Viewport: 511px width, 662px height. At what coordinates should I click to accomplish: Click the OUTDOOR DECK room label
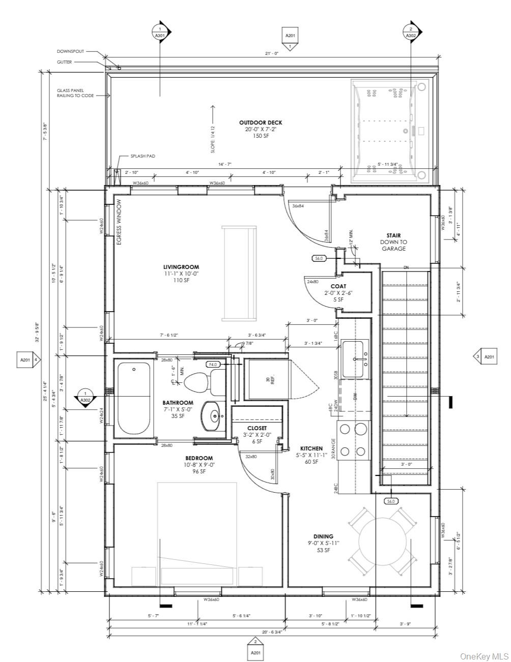[261, 123]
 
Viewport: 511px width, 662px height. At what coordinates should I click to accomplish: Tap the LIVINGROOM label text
[181, 267]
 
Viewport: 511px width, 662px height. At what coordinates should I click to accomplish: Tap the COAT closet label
[338, 286]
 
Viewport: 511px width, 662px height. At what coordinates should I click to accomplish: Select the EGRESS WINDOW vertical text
[119, 222]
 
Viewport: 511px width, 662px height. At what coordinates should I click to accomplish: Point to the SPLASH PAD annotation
[143, 156]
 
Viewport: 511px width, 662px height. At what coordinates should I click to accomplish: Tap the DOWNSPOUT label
[70, 51]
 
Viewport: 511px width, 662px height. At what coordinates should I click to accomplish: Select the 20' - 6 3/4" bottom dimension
[271, 631]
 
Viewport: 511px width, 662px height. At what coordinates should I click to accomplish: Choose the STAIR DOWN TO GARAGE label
[393, 242]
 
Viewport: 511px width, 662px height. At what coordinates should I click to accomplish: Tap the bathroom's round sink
[213, 416]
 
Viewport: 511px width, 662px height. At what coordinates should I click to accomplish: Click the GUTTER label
[64, 62]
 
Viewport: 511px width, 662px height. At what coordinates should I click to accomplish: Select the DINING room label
[323, 536]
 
